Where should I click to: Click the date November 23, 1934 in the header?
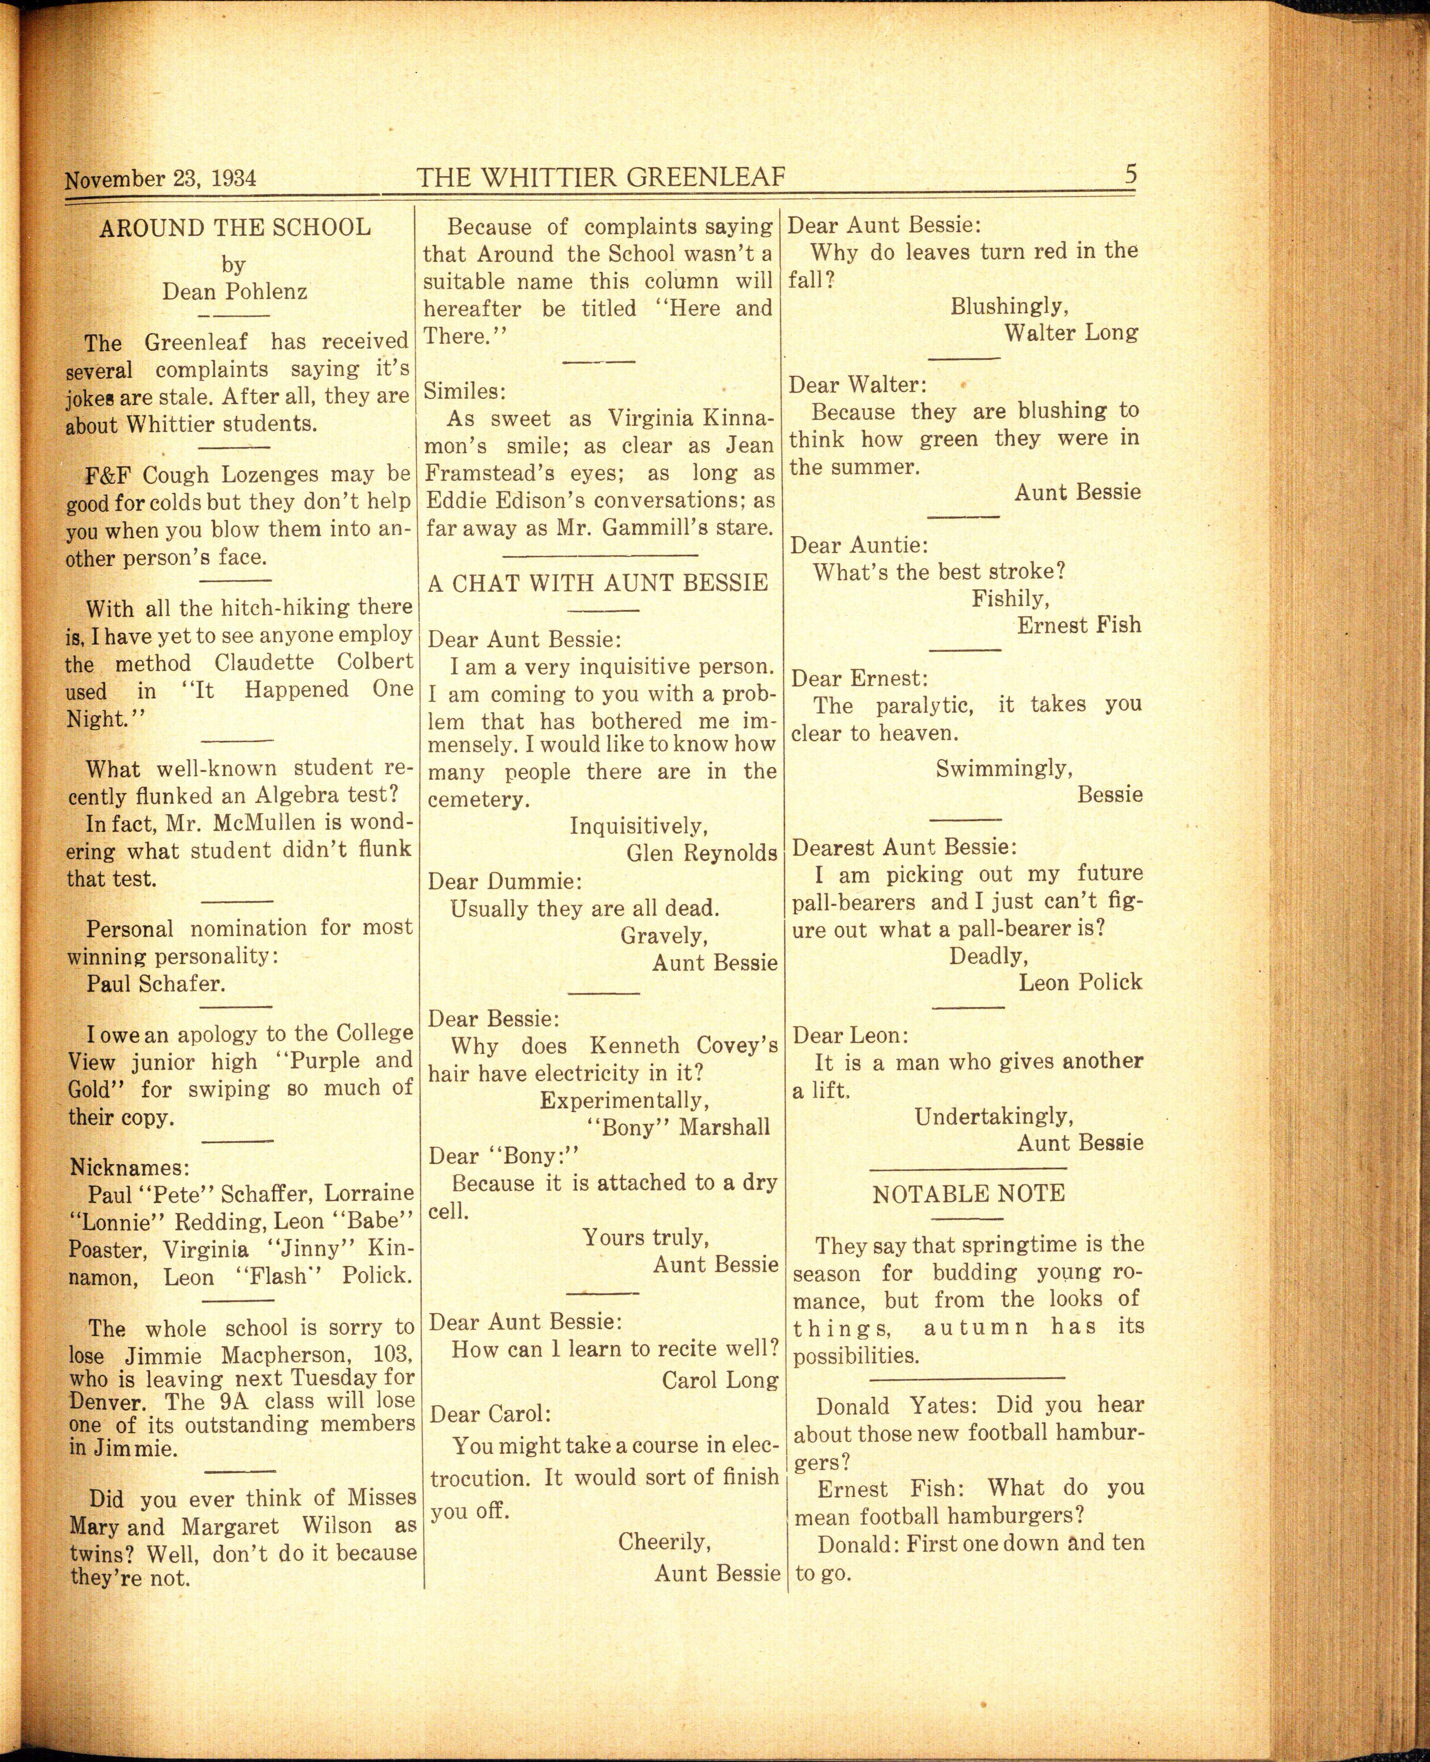160,179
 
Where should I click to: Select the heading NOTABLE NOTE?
969,1194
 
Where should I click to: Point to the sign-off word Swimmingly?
1004,768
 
